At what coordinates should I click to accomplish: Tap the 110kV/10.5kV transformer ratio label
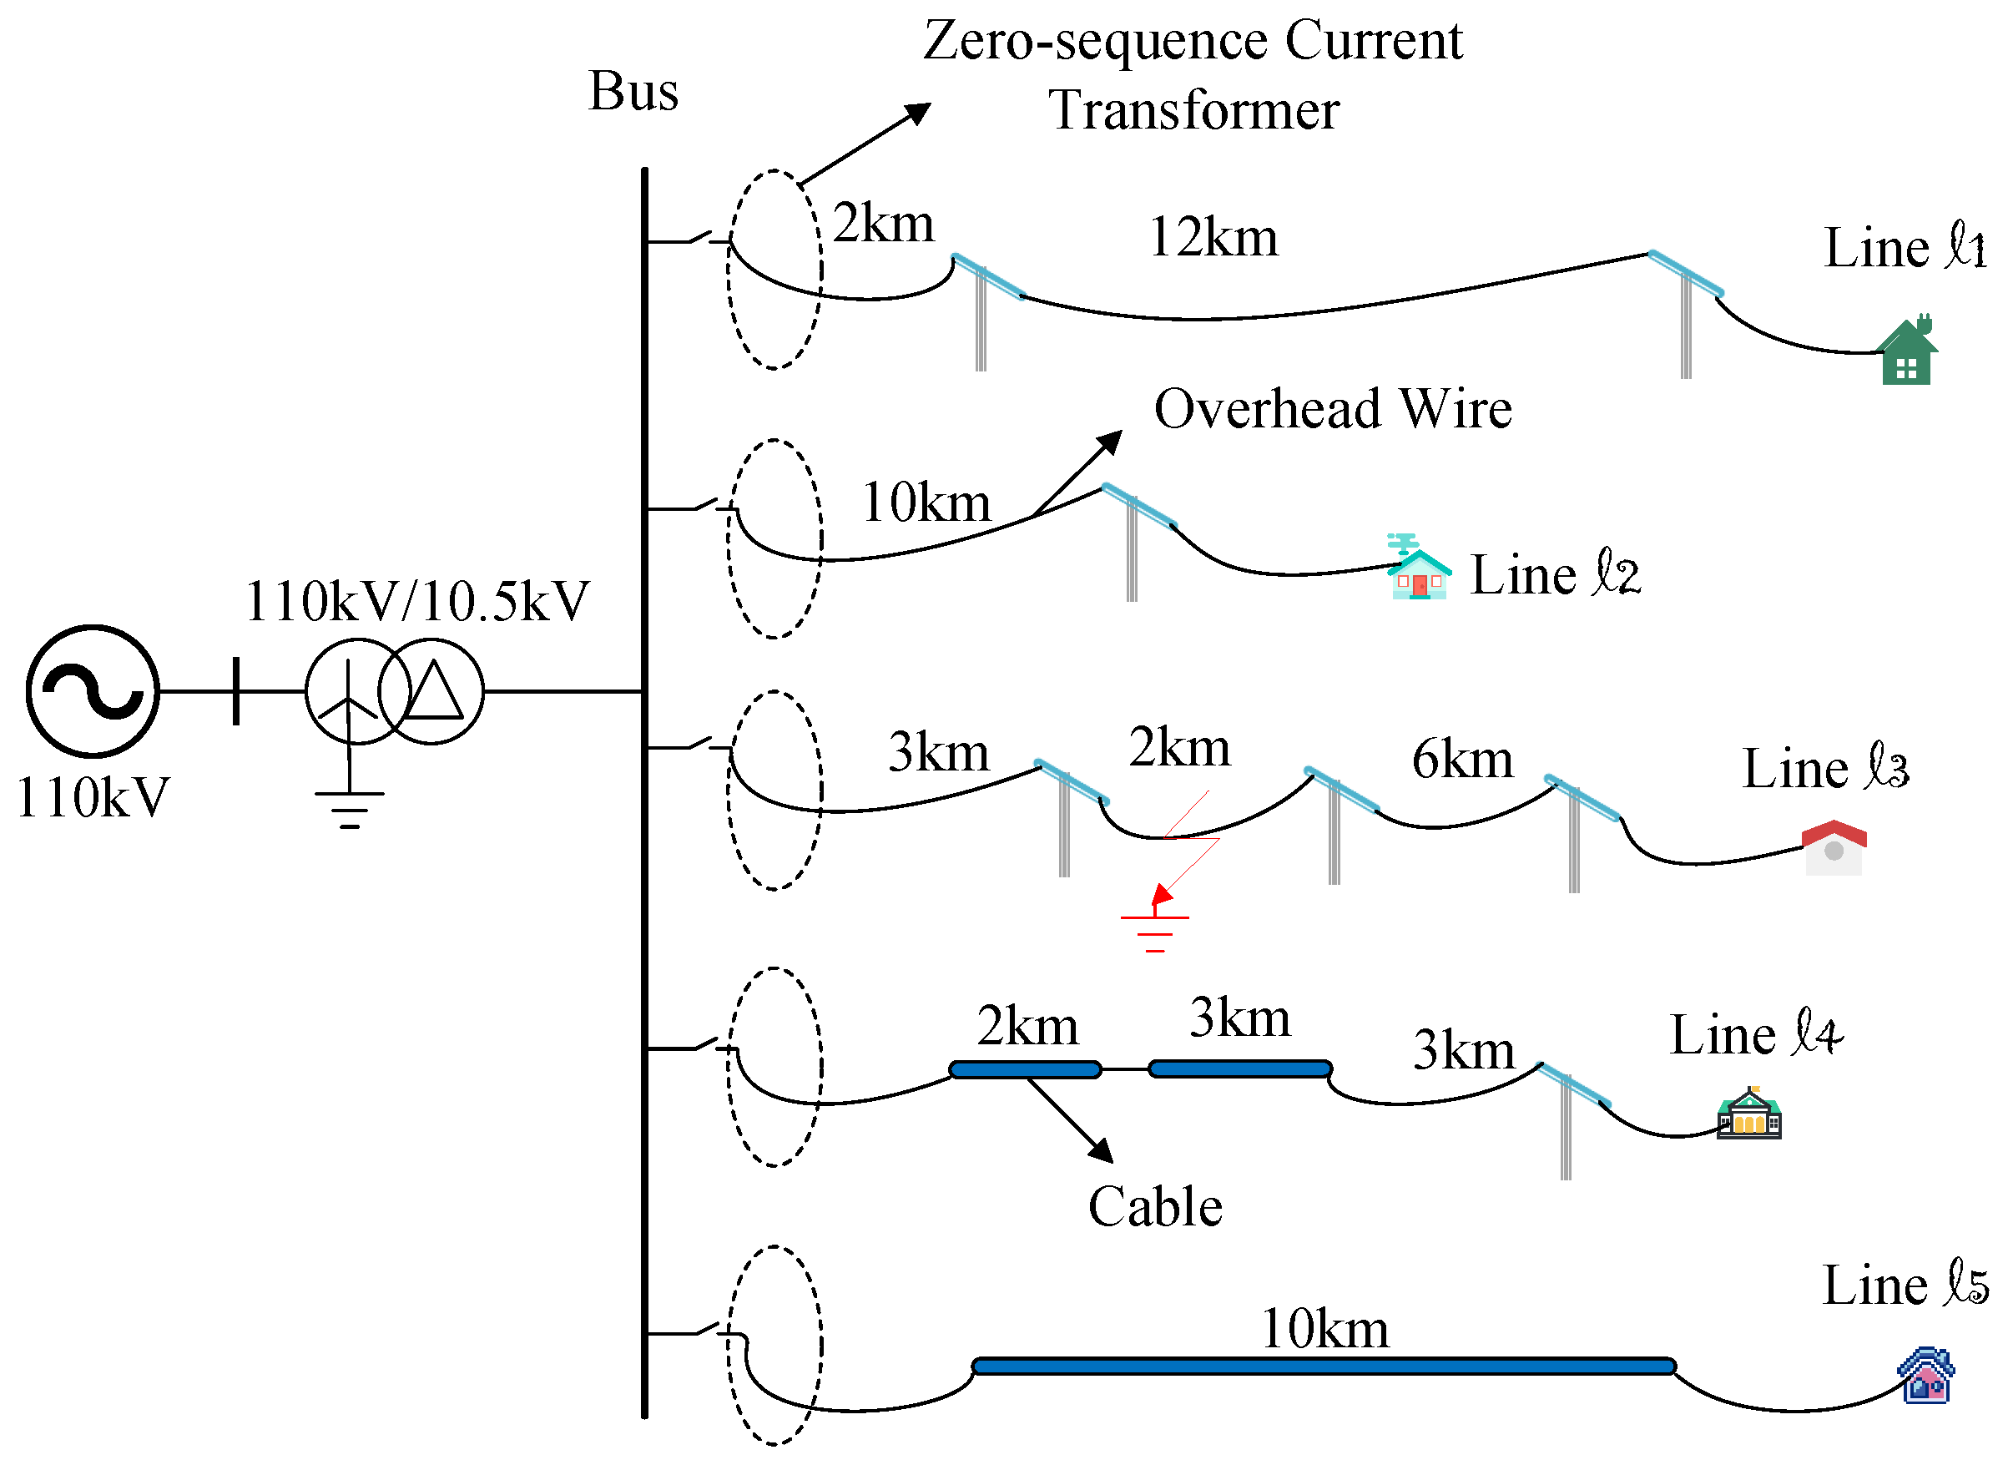point(416,601)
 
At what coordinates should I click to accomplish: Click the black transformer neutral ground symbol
point(350,808)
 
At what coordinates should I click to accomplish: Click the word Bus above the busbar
point(633,91)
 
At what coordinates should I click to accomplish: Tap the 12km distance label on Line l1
point(1213,238)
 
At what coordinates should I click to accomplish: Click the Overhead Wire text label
point(1332,409)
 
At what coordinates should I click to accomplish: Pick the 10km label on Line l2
point(926,503)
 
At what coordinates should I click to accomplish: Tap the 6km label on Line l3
point(1462,759)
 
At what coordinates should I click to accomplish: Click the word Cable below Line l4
point(1154,1207)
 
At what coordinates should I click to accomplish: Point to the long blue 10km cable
point(1323,1366)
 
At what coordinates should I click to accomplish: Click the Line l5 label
point(1905,1285)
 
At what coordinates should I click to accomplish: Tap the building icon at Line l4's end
point(1748,1114)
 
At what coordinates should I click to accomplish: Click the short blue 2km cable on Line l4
point(1025,1069)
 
